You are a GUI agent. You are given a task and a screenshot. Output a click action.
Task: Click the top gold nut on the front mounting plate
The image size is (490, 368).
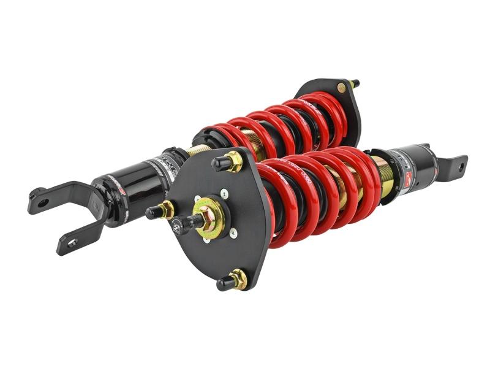tap(234, 161)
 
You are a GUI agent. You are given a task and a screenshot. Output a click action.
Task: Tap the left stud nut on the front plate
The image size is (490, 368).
tap(165, 209)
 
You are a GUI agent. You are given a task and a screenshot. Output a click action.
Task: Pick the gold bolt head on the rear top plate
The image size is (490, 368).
tap(341, 88)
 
